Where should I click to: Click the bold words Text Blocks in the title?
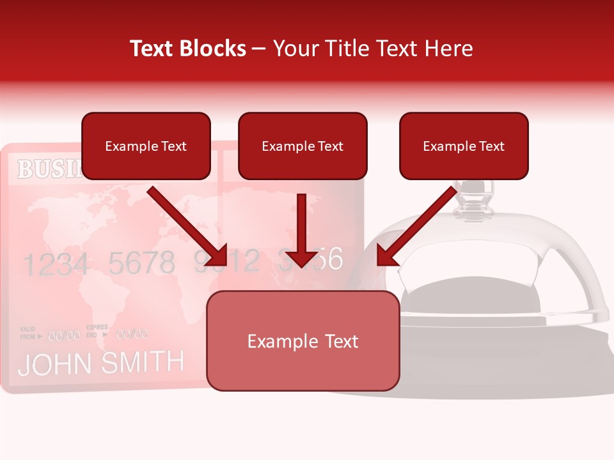[188, 49]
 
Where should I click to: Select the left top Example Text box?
[146, 146]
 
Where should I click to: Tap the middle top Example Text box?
[303, 146]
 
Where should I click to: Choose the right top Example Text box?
[464, 146]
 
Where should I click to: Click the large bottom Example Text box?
[303, 341]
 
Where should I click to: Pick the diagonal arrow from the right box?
[416, 227]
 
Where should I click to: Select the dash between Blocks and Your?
[260, 49]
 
